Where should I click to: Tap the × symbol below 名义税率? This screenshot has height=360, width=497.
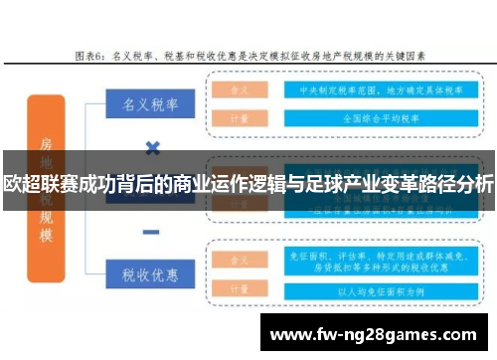[x=152, y=148]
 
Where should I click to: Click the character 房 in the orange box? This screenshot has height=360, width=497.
[x=45, y=147]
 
